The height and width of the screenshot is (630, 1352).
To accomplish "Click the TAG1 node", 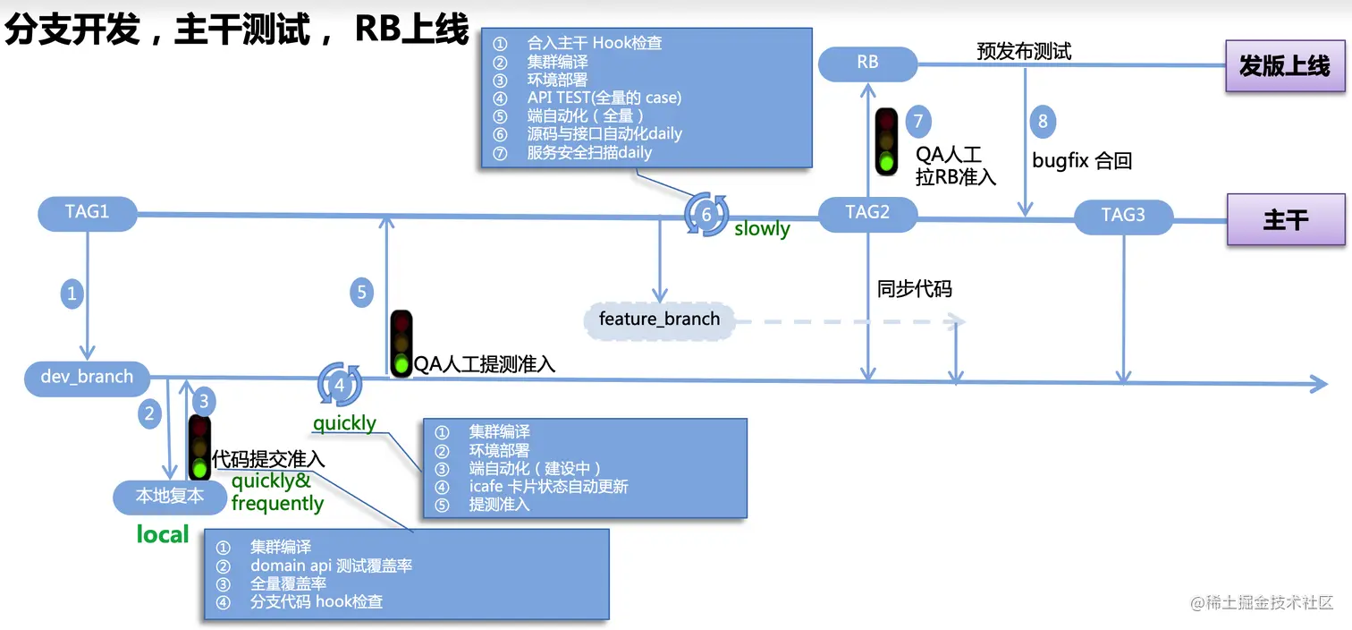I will point(87,213).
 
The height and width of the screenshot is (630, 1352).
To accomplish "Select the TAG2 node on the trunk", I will point(867,213).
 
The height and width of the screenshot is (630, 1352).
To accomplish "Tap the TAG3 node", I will point(1123,216).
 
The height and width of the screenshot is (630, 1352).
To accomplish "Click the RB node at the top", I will point(867,63).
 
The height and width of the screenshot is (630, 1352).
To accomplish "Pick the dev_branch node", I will point(87,377).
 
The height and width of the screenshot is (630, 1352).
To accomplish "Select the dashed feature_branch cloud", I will point(659,319).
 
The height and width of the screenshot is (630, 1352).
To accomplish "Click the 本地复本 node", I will point(170,496).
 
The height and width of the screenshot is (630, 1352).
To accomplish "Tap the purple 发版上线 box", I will point(1285,65).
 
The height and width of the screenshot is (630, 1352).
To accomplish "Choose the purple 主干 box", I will point(1285,219).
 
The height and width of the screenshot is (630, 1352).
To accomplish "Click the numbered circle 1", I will point(72,293).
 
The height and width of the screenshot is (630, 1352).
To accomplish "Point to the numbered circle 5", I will point(361,292).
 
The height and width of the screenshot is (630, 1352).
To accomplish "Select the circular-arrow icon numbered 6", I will point(706,215).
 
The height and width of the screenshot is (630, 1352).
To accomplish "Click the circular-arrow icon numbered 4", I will point(340,385).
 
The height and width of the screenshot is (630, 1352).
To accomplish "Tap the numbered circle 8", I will point(1042,121).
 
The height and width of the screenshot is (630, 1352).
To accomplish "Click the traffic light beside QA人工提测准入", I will point(401,343).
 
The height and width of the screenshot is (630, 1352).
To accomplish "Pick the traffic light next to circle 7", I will point(886,141).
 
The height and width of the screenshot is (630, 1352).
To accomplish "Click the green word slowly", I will point(762,229).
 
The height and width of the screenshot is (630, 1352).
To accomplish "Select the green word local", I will point(162,535).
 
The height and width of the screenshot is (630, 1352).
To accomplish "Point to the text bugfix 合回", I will point(1082,161).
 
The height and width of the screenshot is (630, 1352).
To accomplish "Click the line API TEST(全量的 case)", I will point(604,98).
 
